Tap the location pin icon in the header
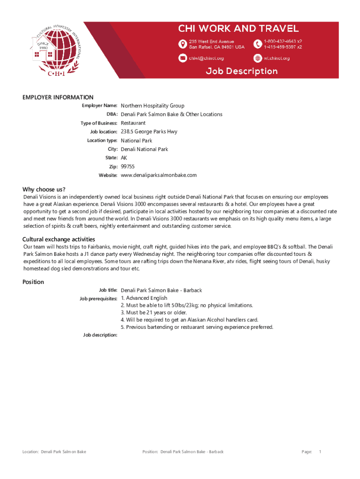pos(182,44)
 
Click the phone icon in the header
pos(258,44)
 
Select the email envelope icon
pos(182,58)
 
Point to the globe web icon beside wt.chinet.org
pos(258,58)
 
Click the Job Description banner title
pos(242,71)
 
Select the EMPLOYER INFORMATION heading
pos(58,97)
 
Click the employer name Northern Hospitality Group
pos(152,106)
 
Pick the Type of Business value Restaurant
pos(133,123)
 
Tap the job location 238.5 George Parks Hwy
pos(149,132)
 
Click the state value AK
pos(124,158)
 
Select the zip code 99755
pos(128,167)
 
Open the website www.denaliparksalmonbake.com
pos(158,175)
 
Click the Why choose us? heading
pos(44,189)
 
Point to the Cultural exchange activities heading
pos(59,239)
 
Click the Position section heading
pos(33,282)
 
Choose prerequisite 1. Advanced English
pos(144,298)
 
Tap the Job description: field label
pos(98,335)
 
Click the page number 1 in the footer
pos(320,452)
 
